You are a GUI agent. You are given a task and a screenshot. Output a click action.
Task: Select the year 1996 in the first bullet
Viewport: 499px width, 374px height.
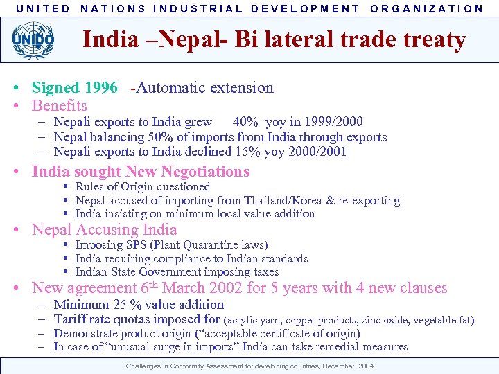(x=101, y=88)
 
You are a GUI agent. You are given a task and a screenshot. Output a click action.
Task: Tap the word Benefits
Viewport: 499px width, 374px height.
(x=60, y=106)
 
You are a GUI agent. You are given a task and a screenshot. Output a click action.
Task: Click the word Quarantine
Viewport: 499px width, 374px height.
(x=215, y=245)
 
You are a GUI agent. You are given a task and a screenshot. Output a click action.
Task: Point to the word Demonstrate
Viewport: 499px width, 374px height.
(x=88, y=333)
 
